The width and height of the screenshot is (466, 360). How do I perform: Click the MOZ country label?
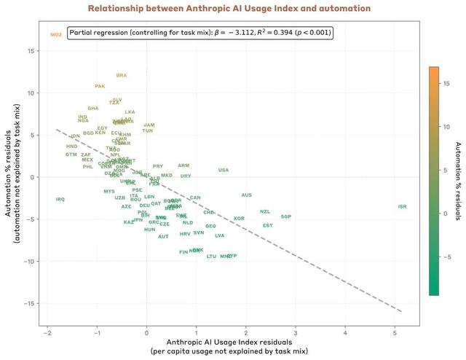(x=56, y=34)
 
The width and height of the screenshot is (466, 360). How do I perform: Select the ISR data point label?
(x=403, y=206)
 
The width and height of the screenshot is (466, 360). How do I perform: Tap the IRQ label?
(x=60, y=199)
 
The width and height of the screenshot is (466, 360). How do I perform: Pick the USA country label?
(x=224, y=170)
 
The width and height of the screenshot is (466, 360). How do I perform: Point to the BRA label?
(x=122, y=75)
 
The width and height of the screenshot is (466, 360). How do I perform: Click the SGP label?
(x=286, y=216)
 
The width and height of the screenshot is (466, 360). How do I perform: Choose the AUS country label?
(x=247, y=195)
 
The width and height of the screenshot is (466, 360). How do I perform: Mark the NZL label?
(x=265, y=211)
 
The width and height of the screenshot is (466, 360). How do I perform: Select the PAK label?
(x=100, y=86)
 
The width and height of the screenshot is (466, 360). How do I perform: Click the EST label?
(x=268, y=225)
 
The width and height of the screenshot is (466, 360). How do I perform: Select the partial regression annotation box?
(x=200, y=33)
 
